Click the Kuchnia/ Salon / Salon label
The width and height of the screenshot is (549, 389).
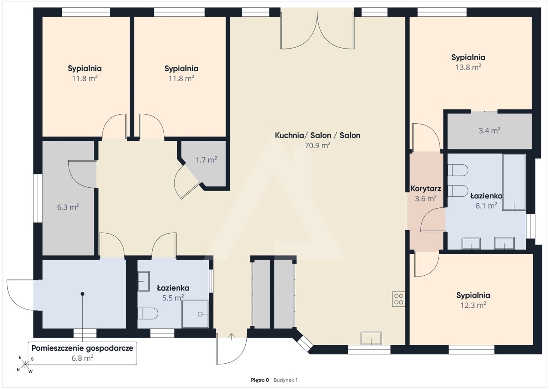pyautogui.click(x=317, y=135)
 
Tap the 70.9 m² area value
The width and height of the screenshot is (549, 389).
pyautogui.click(x=317, y=146)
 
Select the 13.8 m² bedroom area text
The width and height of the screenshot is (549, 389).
pyautogui.click(x=468, y=67)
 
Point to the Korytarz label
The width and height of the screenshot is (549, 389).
pyautogui.click(x=425, y=188)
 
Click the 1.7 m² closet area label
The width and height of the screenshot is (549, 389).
pyautogui.click(x=206, y=160)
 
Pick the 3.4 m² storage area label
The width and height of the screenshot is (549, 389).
pyautogui.click(x=489, y=131)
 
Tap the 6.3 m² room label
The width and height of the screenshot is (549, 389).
pyautogui.click(x=68, y=207)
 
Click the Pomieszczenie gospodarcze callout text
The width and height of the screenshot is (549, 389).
pyautogui.click(x=82, y=348)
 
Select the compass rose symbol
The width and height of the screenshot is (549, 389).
pyautogui.click(x=25, y=365)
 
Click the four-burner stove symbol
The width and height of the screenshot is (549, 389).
pyautogui.click(x=398, y=299)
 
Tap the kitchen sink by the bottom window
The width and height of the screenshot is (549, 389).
pyautogui.click(x=371, y=338)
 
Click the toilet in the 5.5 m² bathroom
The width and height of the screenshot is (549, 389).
pyautogui.click(x=148, y=313)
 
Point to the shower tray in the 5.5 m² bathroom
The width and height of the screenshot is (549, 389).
pyautogui.click(x=195, y=314)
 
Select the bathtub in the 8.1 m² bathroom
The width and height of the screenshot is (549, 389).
pyautogui.click(x=514, y=182)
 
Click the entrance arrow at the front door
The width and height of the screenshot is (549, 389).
pyautogui.click(x=232, y=337)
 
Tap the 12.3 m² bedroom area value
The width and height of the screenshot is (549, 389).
pyautogui.click(x=473, y=305)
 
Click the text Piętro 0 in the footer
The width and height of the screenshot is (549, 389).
pyautogui.click(x=260, y=380)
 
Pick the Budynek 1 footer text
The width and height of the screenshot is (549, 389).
pyautogui.click(x=286, y=380)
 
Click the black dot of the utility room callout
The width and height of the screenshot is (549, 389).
pyautogui.click(x=83, y=294)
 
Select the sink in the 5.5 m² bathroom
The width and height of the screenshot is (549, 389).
pyautogui.click(x=144, y=281)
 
